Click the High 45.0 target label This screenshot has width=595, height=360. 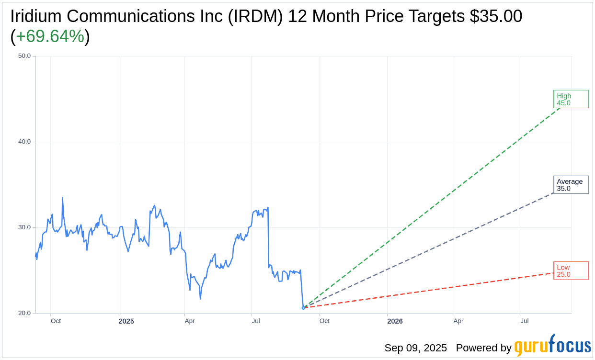click(571, 99)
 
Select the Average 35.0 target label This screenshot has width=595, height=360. click(571, 185)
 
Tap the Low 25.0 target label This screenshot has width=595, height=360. click(571, 270)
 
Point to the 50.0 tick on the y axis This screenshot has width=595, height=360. click(24, 56)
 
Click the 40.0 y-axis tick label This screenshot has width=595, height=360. click(24, 142)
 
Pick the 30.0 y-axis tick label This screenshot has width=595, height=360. click(24, 227)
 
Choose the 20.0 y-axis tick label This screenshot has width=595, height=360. click(24, 313)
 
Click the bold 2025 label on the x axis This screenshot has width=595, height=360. click(126, 321)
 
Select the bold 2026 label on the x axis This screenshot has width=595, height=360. click(395, 321)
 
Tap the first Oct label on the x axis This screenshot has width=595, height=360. click(56, 321)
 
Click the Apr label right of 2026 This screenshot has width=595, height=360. click(458, 321)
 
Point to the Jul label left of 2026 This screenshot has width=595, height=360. click(256, 321)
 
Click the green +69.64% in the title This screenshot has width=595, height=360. click(50, 36)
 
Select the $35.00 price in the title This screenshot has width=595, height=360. click(495, 16)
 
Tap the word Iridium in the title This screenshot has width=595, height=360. click(36, 16)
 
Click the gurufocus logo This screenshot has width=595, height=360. click(552, 346)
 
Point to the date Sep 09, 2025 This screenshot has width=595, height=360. click(415, 348)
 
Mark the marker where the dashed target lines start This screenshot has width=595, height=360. click(303, 307)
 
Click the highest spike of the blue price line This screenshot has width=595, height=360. click(62, 197)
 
